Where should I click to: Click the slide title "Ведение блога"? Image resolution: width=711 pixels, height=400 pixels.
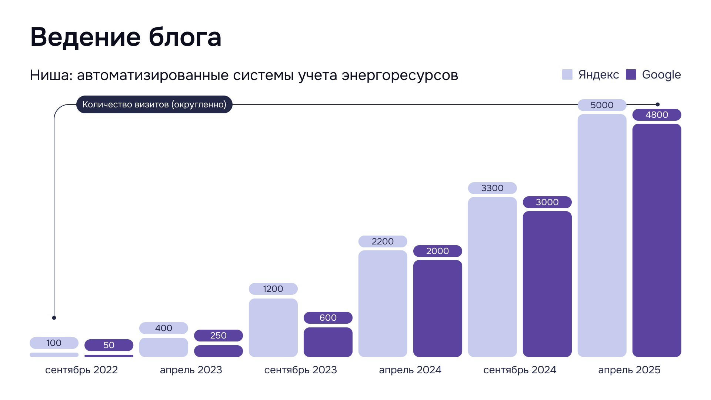[126, 37]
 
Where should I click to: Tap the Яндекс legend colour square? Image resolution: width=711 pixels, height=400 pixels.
[567, 74]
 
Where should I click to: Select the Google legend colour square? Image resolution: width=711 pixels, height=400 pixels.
[631, 74]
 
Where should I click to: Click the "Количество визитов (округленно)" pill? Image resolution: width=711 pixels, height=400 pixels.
[154, 104]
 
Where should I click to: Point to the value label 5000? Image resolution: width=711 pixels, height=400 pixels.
[602, 105]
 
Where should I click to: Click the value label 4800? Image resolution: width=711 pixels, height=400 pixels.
[657, 115]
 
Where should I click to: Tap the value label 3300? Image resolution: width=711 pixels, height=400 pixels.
[492, 188]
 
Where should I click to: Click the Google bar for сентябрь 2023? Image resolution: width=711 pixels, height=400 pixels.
[328, 342]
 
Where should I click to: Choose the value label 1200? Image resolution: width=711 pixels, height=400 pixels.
[273, 289]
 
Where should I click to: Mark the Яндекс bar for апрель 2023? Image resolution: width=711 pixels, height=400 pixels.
[163, 347]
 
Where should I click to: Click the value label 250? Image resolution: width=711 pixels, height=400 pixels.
[218, 336]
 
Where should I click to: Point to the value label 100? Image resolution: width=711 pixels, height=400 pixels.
[54, 343]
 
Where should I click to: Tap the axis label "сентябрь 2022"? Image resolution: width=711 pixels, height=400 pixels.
[81, 370]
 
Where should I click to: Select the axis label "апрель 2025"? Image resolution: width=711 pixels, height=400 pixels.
[629, 370]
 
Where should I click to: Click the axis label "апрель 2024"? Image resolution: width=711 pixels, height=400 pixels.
[410, 370]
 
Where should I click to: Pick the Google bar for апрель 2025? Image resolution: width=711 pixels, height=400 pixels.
[657, 240]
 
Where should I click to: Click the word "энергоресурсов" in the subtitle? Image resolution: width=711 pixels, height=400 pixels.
[400, 76]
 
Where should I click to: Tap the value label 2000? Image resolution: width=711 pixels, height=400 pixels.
[437, 251]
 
